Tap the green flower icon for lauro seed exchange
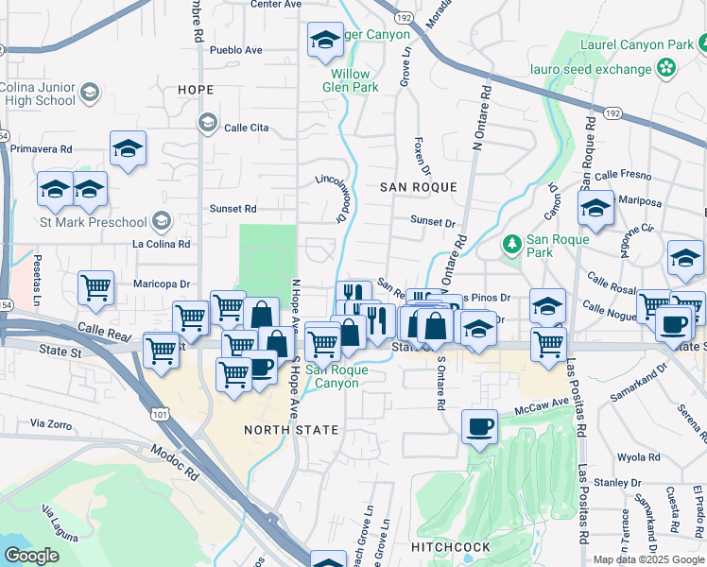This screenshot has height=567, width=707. (668, 67)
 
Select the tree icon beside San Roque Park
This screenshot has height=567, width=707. (512, 245)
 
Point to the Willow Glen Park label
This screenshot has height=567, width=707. (353, 80)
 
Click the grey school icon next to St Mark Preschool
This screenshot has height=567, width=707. (161, 221)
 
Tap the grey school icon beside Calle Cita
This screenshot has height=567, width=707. (206, 122)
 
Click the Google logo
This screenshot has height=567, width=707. (31, 556)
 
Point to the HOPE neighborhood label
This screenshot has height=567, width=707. (195, 90)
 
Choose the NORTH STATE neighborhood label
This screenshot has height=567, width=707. (291, 430)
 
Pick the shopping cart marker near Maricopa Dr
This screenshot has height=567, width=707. (95, 287)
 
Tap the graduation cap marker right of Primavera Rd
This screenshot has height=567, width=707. (128, 149)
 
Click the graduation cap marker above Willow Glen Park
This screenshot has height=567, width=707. (325, 40)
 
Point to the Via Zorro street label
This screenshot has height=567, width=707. (51, 425)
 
